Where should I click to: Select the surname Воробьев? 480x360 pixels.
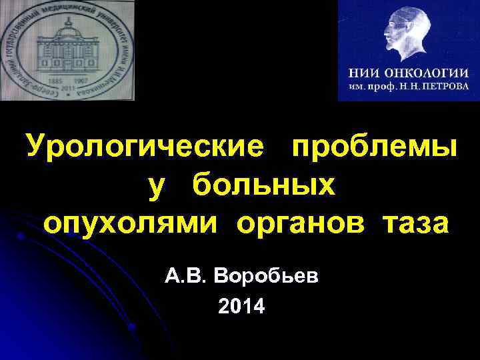click(267, 275)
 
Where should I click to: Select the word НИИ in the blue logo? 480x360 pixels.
click(365, 73)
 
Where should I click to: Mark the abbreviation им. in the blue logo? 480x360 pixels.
click(356, 87)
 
